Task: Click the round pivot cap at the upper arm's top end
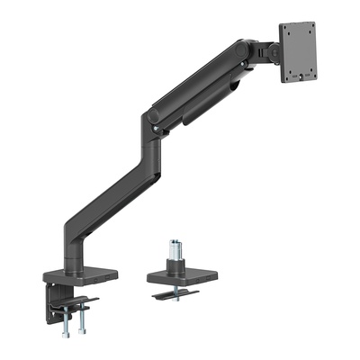(242, 47)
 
